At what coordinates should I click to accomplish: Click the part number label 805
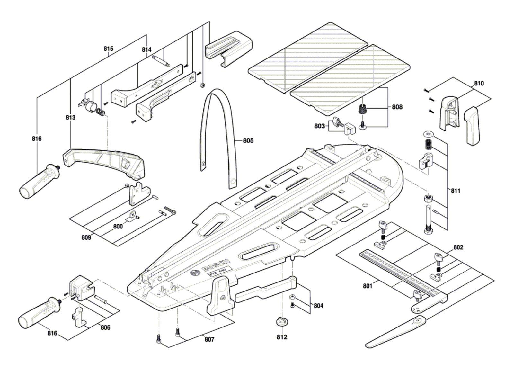tap(248, 140)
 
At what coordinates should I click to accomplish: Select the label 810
tap(478, 83)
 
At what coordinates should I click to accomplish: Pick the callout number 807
tap(209, 339)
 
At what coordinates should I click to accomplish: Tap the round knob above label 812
tap(281, 321)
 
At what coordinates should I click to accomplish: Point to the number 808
tap(397, 107)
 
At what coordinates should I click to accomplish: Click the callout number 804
tap(318, 306)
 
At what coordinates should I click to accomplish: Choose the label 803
tap(319, 126)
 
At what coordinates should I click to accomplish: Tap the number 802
tap(458, 247)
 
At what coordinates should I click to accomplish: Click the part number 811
tap(455, 191)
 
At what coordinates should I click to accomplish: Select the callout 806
tap(105, 327)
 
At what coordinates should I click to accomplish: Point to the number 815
tap(108, 49)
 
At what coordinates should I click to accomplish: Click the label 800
tap(118, 226)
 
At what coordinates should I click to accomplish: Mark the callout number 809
tap(86, 237)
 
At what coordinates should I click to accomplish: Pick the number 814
tap(146, 49)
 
